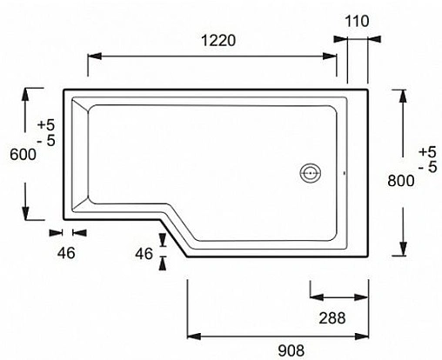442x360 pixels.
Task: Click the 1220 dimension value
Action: coord(214,40)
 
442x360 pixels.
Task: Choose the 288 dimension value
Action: coord(331,317)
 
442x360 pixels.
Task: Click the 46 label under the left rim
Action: coord(66,252)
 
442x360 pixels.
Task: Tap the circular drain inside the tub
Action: coord(311,172)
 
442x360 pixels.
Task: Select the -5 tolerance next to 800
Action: coord(427,167)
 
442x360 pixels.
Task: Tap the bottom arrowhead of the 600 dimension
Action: coord(28,217)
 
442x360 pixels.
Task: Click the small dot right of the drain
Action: coord(345,172)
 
